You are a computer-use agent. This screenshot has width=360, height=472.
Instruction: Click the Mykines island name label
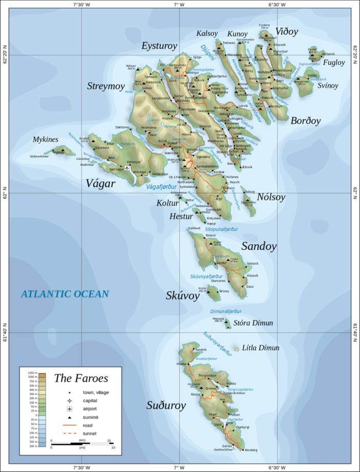point(45,139)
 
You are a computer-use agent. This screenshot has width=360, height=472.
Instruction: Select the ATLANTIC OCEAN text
point(65,294)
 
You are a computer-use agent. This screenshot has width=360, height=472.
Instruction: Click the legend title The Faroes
point(81,379)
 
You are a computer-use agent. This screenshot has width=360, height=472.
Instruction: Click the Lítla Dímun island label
point(261,348)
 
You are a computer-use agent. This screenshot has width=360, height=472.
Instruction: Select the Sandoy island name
point(259,246)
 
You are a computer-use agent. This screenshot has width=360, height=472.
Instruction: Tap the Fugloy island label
point(334,63)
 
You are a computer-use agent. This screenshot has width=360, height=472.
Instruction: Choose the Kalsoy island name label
point(207,34)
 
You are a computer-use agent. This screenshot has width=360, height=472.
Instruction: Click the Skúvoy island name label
point(182,296)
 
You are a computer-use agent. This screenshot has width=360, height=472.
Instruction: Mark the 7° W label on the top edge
point(179,5)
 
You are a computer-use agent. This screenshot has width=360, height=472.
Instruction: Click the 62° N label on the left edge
point(5,193)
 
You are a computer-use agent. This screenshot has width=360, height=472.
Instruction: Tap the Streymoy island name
point(106,86)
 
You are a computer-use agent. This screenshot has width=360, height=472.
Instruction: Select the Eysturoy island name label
point(159,46)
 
